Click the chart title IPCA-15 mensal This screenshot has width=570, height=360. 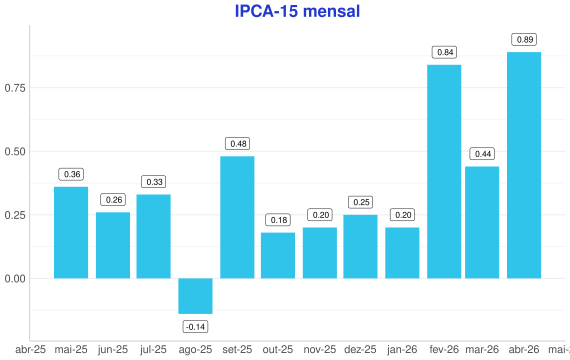coord(297,11)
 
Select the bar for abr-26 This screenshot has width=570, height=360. coord(524,165)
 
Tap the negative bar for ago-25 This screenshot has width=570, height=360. coord(195,296)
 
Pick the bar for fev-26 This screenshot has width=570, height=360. coord(444,172)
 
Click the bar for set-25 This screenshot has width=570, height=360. coord(237,217)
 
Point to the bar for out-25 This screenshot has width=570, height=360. coord(278,256)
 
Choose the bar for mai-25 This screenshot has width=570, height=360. coord(71,233)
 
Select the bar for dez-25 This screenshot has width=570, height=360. coord(360,247)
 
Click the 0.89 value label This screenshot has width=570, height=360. coord(524,39)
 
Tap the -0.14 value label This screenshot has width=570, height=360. coord(196,327)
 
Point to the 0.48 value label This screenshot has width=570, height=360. coord(238,144)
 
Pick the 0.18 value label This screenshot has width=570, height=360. coord(278,220)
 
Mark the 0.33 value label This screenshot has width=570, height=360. coord(153,181)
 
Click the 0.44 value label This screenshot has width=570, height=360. coord(482,154)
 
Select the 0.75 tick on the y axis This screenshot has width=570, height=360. coord(15,88)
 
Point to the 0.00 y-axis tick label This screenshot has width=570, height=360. coord(15,279)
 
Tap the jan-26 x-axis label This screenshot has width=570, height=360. coord(402,350)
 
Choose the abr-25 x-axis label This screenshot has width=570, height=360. coord(31,350)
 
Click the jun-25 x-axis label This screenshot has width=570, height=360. coord(113,350)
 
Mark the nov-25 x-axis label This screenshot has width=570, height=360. coord(320,350)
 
